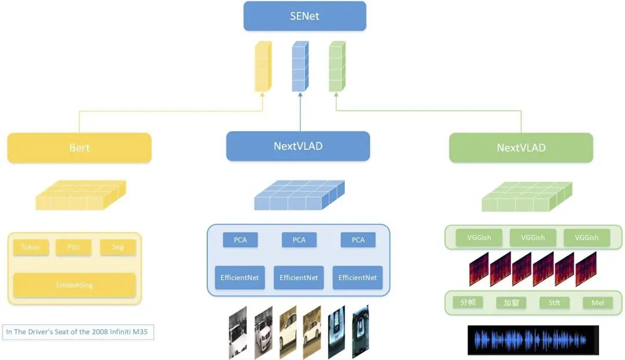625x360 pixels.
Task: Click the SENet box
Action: pyautogui.click(x=304, y=16)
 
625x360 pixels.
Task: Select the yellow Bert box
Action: pyautogui.click(x=79, y=148)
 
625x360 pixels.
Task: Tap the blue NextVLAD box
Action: pyautogui.click(x=298, y=146)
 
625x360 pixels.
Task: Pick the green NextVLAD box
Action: pyautogui.click(x=521, y=148)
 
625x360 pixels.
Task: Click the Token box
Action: pyautogui.click(x=31, y=247)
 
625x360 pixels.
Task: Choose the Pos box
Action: pyautogui.click(x=73, y=247)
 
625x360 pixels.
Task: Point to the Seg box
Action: pyautogui.click(x=117, y=247)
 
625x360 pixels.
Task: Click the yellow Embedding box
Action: pyautogui.click(x=74, y=285)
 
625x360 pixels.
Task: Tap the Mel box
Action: pyautogui.click(x=598, y=303)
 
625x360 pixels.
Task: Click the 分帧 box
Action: pyautogui.click(x=468, y=302)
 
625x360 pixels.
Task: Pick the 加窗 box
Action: pyautogui.click(x=511, y=303)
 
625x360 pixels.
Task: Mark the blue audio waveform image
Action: pyautogui.click(x=533, y=340)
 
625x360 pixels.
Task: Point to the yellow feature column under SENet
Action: pyautogui.click(x=263, y=67)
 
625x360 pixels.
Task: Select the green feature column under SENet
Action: pyautogui.click(x=337, y=67)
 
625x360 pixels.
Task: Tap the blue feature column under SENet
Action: pyautogui.click(x=299, y=67)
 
